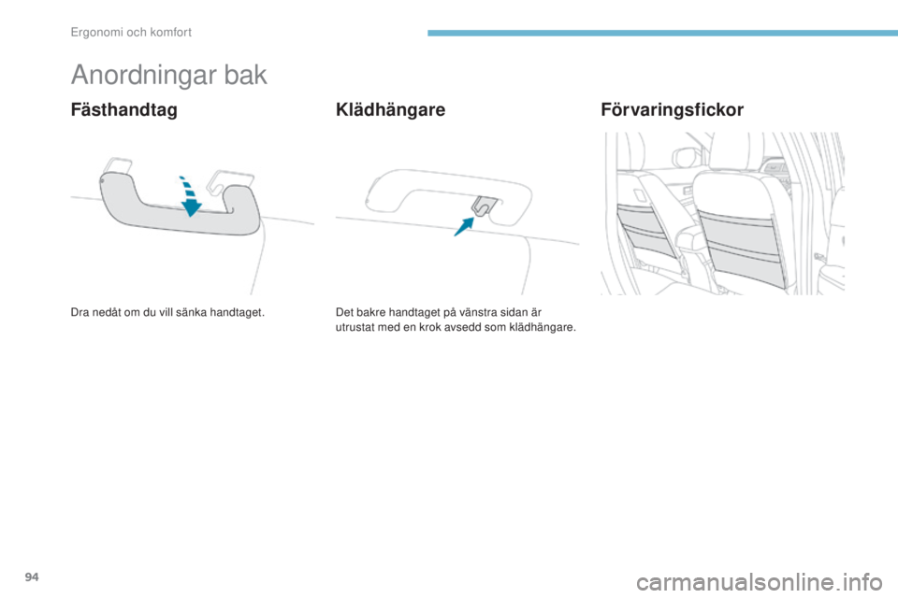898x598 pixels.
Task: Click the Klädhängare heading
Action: (x=390, y=110)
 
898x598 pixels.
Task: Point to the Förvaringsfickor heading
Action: (x=672, y=110)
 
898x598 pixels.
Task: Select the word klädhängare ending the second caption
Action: (x=549, y=328)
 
